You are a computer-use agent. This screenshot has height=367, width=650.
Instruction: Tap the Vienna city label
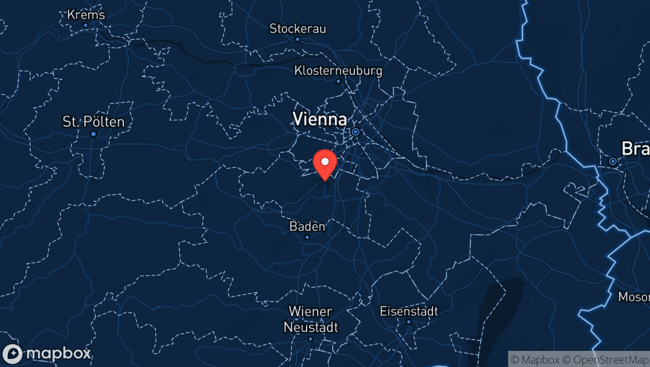point(319,119)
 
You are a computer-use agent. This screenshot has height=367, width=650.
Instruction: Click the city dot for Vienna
point(355,131)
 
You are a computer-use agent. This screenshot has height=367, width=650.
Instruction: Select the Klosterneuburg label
point(338,70)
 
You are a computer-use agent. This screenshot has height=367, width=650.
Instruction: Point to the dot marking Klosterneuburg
point(338,81)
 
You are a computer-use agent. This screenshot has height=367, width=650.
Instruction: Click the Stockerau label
point(298,29)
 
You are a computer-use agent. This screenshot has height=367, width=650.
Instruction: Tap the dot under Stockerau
point(298,39)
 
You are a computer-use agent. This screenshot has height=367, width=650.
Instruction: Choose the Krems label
point(86,15)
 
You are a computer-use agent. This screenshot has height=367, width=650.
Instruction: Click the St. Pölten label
point(93,122)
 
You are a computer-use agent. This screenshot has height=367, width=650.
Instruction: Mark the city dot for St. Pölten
point(93,133)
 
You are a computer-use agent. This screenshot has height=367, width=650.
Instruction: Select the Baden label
point(307,227)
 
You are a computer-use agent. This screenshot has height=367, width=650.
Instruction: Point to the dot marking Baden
point(307,237)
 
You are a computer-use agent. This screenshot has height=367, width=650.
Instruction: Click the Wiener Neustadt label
point(311,319)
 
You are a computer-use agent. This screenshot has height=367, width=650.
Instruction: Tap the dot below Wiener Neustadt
point(310,338)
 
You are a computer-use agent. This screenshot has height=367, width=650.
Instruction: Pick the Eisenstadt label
point(409,311)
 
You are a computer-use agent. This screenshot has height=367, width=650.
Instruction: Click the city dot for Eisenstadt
point(409,322)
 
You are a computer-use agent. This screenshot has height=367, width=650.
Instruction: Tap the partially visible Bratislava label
point(635,148)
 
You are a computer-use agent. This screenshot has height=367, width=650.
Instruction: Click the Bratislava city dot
point(613,161)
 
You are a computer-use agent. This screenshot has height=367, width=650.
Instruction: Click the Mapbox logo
point(47,354)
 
